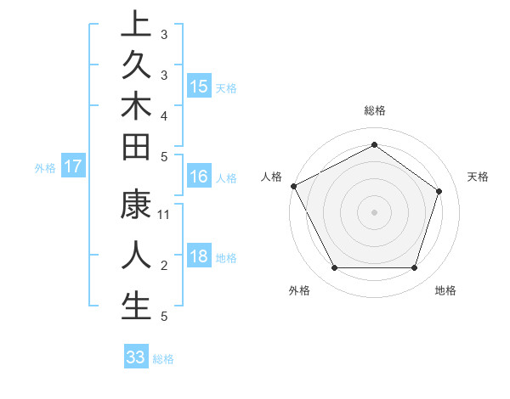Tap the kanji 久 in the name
pyautogui.click(x=136, y=65)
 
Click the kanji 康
pyautogui.click(x=136, y=206)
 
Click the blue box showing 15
pyautogui.click(x=199, y=86)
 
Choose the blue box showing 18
pyautogui.click(x=199, y=257)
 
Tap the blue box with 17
pyautogui.click(x=72, y=166)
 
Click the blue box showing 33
pyautogui.click(x=136, y=357)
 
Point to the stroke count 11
pyautogui.click(x=164, y=215)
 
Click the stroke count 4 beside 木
pyautogui.click(x=164, y=115)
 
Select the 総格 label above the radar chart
pyautogui.click(x=375, y=110)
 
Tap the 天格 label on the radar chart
pyautogui.click(x=479, y=177)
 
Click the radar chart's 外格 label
pyautogui.click(x=299, y=290)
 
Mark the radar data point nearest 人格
pyautogui.click(x=293, y=186)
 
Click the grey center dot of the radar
pyautogui.click(x=374, y=211)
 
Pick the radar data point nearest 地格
pyautogui.click(x=414, y=267)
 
